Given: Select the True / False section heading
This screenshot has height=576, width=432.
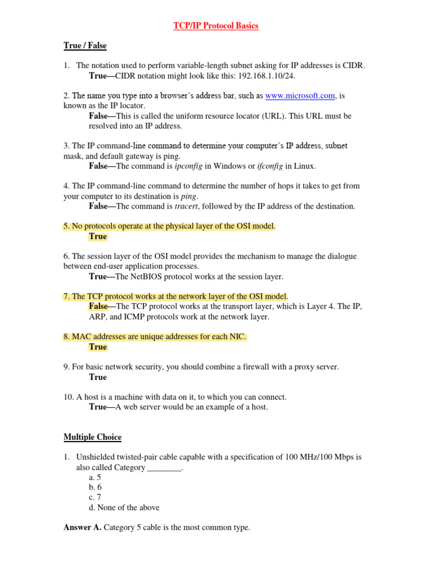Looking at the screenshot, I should click(x=85, y=46).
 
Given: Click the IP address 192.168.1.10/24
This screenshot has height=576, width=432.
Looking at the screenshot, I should click(x=258, y=75).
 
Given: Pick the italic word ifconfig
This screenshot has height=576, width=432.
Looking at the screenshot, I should click(x=270, y=166).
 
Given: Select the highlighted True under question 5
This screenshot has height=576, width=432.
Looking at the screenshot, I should click(x=98, y=236).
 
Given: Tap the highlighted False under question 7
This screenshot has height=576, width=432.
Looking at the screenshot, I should click(x=98, y=307).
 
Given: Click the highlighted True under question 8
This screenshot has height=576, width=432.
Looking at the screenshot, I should click(x=98, y=347).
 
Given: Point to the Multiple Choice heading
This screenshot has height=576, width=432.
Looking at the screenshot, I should click(x=92, y=437).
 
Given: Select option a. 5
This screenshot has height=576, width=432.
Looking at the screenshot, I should click(x=95, y=477).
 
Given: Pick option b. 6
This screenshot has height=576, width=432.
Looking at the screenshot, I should click(x=95, y=487).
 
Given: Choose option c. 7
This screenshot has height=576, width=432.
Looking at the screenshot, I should click(x=95, y=497).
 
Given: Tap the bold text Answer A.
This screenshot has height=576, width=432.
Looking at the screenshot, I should click(x=82, y=528).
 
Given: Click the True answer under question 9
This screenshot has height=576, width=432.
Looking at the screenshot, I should click(x=98, y=377).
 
